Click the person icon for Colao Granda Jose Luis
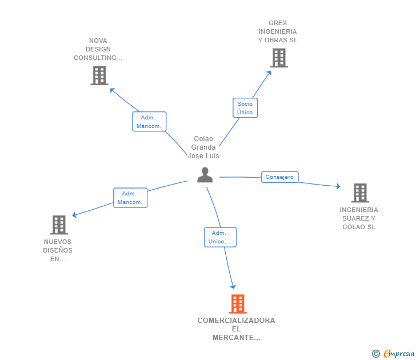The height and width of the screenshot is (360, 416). click(x=205, y=175)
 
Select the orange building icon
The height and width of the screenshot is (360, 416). click(x=238, y=304)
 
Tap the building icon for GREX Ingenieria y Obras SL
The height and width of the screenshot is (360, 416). click(x=279, y=58)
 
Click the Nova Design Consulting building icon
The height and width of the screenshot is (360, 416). click(x=99, y=75)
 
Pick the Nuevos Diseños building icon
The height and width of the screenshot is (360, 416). click(x=59, y=225)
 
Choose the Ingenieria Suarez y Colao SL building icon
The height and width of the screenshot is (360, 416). click(x=360, y=193)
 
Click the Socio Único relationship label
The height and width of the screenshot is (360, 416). click(x=245, y=108)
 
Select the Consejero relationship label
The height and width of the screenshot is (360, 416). click(x=279, y=177)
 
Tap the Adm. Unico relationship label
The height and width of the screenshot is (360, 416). click(x=220, y=237)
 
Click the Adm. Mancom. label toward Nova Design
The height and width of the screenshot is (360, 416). click(x=149, y=122)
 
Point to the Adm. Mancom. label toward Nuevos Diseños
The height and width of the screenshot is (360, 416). click(x=130, y=198)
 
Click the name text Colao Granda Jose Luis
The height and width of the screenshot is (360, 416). click(x=203, y=147)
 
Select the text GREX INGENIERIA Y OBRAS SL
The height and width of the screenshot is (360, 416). click(x=278, y=32)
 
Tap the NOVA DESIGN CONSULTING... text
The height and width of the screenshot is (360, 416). click(x=98, y=49)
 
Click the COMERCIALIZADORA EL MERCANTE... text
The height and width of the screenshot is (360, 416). click(x=237, y=329)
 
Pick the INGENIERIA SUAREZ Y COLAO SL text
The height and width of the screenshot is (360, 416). click(x=359, y=218)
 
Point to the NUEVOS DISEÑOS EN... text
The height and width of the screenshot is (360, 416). click(x=58, y=250)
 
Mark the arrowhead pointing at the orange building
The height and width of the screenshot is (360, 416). click(x=233, y=286)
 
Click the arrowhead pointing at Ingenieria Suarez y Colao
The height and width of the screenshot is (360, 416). click(x=338, y=186)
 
